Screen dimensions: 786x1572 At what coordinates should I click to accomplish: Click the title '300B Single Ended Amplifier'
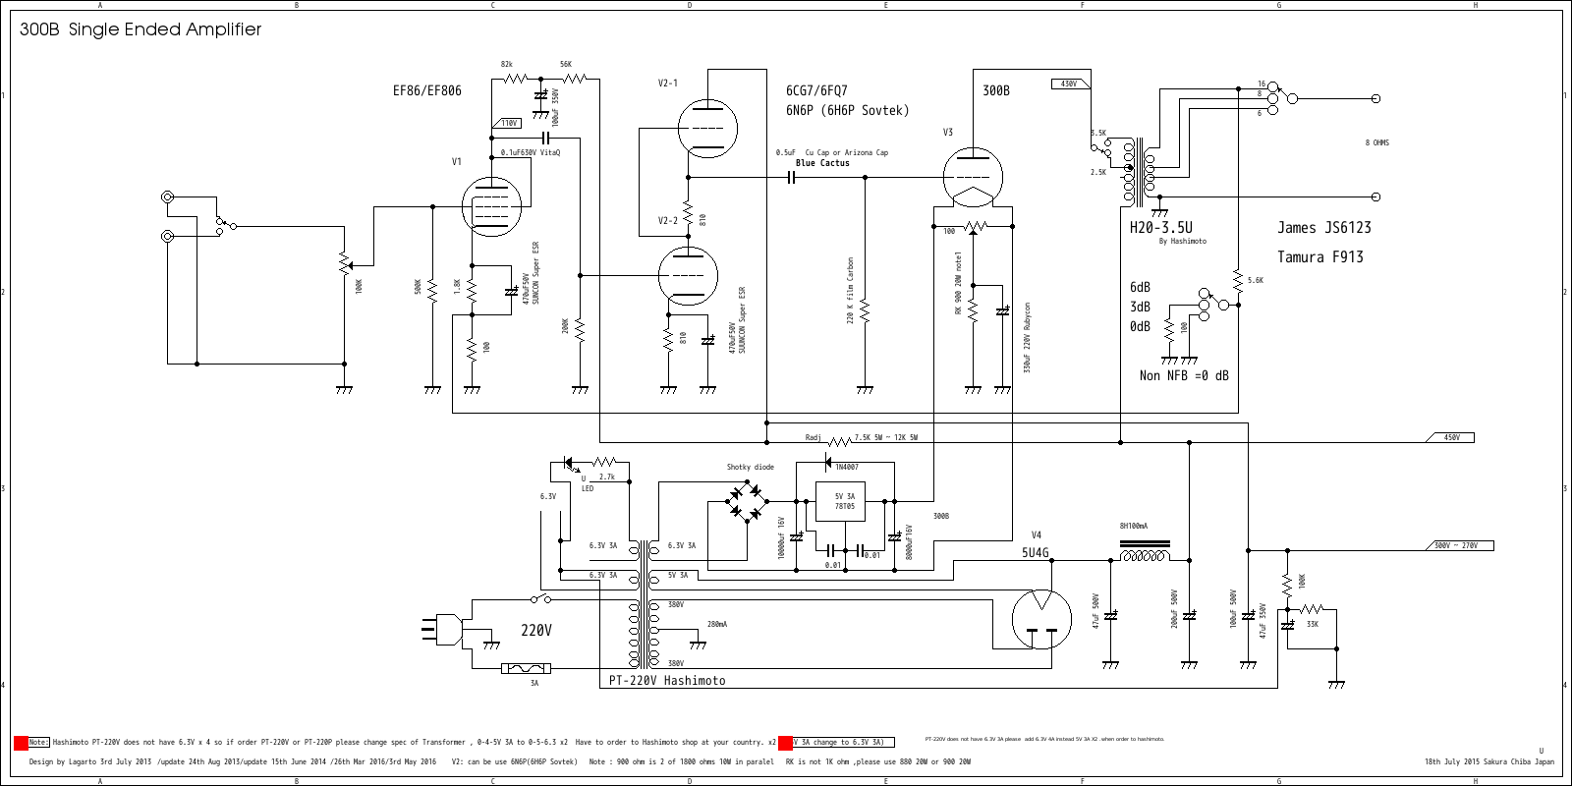tap(140, 29)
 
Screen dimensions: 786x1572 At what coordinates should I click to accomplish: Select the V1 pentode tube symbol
tap(491, 206)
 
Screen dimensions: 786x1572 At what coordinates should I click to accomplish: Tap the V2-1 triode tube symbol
tap(707, 128)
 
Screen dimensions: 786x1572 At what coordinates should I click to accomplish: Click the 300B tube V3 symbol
tap(973, 178)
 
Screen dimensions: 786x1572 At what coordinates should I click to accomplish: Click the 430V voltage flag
tap(1069, 84)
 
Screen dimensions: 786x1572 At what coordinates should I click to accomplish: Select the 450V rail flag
tap(1451, 437)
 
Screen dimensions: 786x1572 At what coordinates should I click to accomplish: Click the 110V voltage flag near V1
tap(508, 123)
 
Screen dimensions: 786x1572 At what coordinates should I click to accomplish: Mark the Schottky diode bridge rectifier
tap(747, 501)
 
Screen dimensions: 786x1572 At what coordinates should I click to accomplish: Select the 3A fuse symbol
tap(527, 668)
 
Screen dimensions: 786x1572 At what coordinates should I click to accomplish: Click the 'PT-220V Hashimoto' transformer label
tap(666, 680)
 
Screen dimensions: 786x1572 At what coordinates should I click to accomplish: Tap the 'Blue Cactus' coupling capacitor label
tap(822, 163)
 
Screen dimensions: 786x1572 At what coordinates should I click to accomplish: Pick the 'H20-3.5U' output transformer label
tap(1160, 227)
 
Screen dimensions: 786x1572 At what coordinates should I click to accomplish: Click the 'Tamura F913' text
tap(1319, 257)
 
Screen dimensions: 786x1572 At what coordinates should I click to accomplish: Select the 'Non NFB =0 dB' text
tap(1183, 375)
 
